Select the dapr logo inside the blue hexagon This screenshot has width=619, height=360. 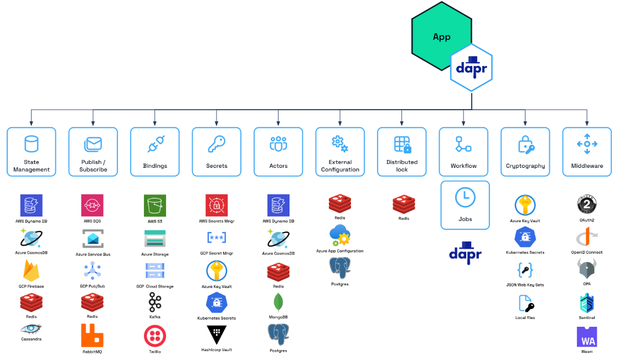(x=471, y=66)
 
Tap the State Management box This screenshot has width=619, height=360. (x=32, y=152)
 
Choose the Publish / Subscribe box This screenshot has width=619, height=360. (x=93, y=152)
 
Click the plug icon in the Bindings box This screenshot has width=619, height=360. (x=154, y=145)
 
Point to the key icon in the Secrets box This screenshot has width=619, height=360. (x=216, y=145)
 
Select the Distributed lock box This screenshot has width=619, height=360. (x=402, y=152)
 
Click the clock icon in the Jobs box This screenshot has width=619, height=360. (x=465, y=198)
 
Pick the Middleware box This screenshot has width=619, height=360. (x=587, y=152)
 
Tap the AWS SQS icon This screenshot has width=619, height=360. (x=92, y=205)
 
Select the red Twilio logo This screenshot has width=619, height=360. (x=154, y=336)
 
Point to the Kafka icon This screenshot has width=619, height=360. (x=154, y=303)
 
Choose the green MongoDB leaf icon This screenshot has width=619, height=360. (x=278, y=302)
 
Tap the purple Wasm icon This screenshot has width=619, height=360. (x=587, y=337)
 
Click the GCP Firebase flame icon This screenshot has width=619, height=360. (x=32, y=270)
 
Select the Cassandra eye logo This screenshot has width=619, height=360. (x=32, y=330)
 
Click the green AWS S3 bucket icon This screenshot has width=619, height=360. (x=154, y=205)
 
